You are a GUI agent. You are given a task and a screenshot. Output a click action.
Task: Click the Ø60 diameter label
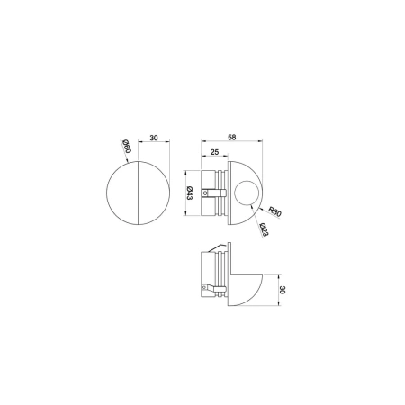point(127,147)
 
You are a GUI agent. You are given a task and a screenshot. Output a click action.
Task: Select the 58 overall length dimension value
point(232,137)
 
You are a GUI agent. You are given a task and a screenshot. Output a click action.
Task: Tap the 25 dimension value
point(214,152)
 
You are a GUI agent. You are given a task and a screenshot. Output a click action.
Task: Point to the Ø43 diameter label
point(190,193)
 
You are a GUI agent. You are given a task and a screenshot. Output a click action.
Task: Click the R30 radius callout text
point(274,211)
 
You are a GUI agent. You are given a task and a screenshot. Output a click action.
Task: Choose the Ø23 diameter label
point(264,229)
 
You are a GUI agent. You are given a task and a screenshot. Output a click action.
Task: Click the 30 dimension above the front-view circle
point(154,138)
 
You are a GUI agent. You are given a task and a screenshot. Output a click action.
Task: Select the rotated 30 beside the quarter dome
point(283,290)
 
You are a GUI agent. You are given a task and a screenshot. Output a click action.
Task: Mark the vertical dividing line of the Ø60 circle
point(138,193)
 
